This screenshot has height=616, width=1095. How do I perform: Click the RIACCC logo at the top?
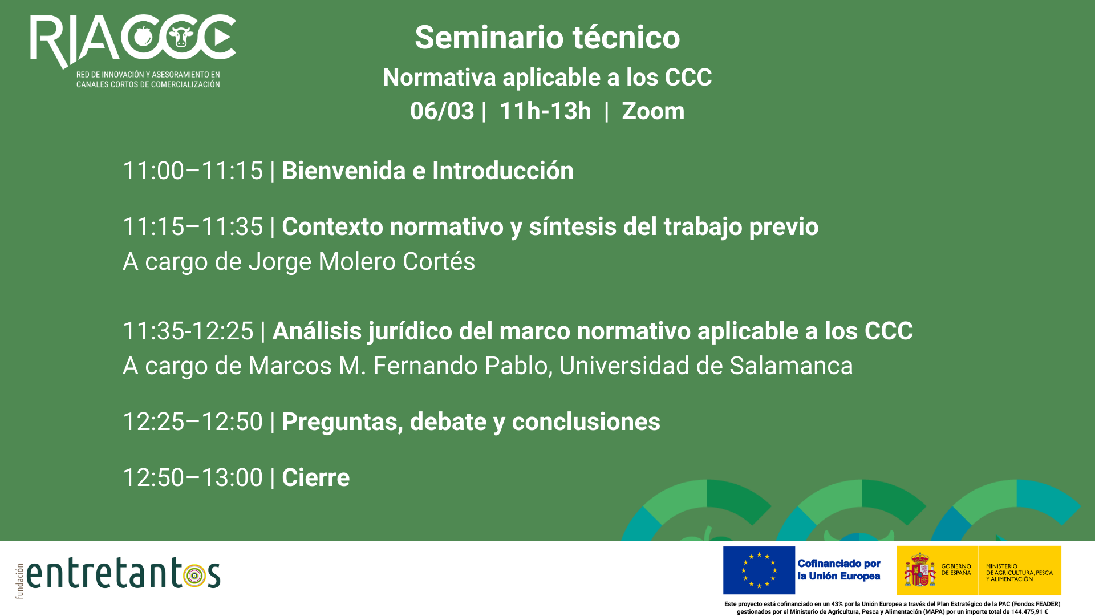click(x=133, y=50)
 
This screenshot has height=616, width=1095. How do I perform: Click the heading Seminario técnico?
click(x=547, y=38)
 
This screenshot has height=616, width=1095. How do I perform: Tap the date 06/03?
click(x=442, y=111)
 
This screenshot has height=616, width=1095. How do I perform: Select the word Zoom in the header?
click(x=653, y=111)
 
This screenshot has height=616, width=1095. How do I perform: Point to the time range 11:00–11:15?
click(x=193, y=171)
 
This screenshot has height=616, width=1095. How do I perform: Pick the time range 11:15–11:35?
click(x=193, y=227)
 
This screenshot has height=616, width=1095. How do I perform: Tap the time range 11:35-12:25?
click(x=188, y=331)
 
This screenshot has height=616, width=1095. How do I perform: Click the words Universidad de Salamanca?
click(x=706, y=366)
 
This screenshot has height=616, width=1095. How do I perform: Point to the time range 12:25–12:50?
click(x=193, y=422)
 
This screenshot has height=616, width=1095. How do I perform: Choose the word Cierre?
click(x=315, y=478)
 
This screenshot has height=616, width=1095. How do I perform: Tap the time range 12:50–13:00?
click(x=193, y=478)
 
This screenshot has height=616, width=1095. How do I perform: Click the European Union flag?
click(x=759, y=570)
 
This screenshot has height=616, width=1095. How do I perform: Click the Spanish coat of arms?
click(x=920, y=570)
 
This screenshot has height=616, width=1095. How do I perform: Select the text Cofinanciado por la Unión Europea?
click(x=839, y=570)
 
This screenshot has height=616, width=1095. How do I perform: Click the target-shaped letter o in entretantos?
click(x=195, y=576)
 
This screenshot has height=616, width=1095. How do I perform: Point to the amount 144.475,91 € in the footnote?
click(x=1029, y=612)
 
